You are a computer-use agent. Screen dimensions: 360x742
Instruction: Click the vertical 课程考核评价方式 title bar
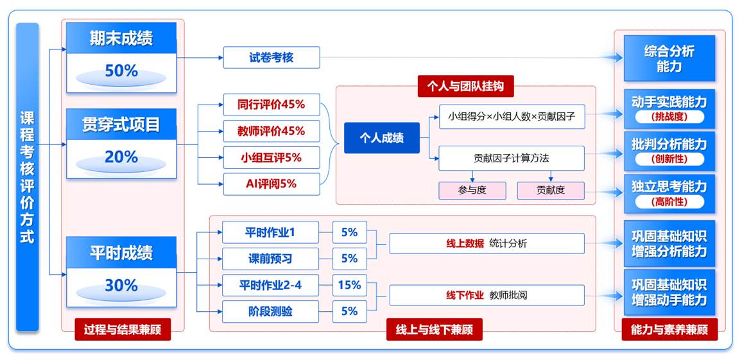coord(27,176)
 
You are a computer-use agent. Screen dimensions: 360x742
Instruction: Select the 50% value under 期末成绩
coord(121,71)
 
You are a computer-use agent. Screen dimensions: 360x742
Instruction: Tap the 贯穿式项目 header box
coord(121,123)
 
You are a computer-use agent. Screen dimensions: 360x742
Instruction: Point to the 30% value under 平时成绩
coord(121,285)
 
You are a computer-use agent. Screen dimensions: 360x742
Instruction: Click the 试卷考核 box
coord(271,57)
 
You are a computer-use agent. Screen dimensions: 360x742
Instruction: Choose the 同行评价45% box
coord(271,104)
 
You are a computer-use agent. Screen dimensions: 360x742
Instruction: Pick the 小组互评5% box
coord(271,157)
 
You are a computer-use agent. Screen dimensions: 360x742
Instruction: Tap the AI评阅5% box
coord(271,184)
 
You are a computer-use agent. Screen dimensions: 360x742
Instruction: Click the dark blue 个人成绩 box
coord(382,137)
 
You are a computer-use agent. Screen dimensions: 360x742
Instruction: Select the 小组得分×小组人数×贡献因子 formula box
coord(512,117)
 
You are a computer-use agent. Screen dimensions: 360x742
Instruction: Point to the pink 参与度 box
coord(472,191)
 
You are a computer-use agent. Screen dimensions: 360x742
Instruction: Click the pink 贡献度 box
coord(551,191)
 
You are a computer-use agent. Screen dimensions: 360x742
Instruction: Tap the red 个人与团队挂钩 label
coord(465,86)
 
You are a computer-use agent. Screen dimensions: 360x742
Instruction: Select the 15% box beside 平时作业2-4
coord(349,285)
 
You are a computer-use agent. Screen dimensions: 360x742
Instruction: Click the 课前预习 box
coord(270,259)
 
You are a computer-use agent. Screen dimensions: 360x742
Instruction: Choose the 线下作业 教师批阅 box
coord(487,295)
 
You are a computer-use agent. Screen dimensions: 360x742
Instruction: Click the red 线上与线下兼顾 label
coord(434,330)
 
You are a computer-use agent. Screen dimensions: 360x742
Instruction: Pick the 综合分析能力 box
coord(669,58)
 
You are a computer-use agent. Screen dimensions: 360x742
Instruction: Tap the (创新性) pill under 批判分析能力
coord(669,159)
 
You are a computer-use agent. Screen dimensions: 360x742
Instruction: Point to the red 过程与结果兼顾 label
coord(123,330)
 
